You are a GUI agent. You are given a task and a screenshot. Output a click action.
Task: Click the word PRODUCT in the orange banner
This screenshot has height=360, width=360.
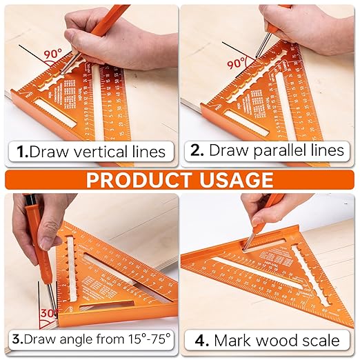(x=137, y=180)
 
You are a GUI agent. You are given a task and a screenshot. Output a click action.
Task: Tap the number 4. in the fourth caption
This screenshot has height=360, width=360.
(x=201, y=340)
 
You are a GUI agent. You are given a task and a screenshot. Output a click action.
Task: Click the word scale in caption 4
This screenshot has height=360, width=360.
(x=320, y=340)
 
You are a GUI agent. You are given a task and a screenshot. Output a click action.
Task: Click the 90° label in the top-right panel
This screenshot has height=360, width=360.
(x=237, y=63)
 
